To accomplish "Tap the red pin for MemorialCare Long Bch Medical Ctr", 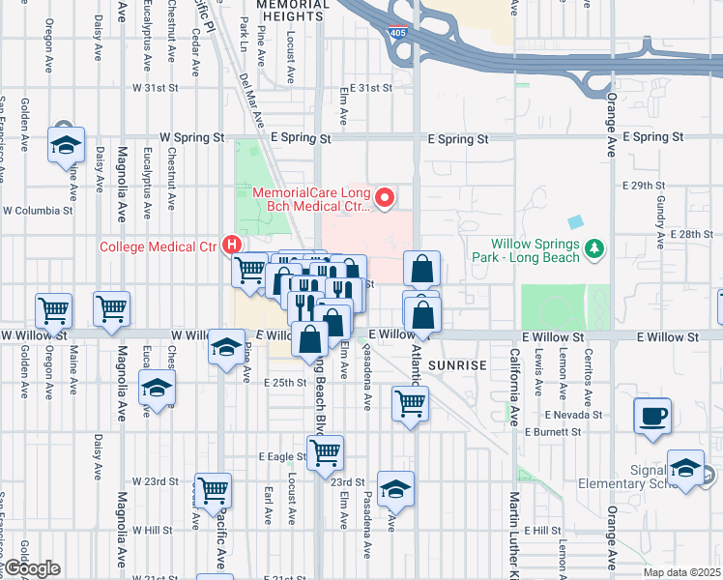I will (x=385, y=199).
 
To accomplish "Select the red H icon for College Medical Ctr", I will (x=233, y=246).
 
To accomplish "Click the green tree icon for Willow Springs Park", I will (x=595, y=249).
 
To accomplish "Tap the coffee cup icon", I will (x=652, y=417).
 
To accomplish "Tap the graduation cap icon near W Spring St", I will (x=66, y=145).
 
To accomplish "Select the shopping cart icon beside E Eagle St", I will (x=326, y=452).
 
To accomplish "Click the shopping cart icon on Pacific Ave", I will (x=213, y=490).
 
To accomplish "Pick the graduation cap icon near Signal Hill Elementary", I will (x=685, y=468).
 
